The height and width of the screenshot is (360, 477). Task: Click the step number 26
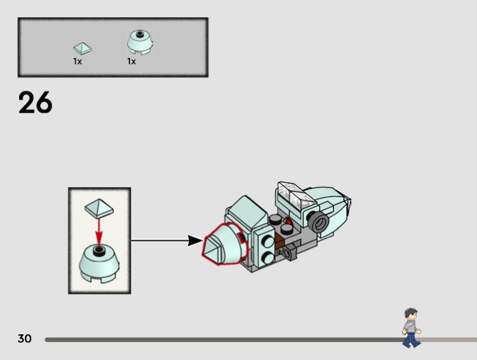pyautogui.click(x=35, y=103)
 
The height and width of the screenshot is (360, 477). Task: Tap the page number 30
pyautogui.click(x=24, y=339)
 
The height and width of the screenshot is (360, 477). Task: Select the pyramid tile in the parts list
pyautogui.click(x=82, y=47)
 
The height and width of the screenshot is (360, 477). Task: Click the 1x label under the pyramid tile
pyautogui.click(x=78, y=61)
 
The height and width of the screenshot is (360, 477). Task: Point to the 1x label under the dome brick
pyautogui.click(x=131, y=61)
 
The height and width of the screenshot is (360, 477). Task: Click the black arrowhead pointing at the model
pyautogui.click(x=194, y=241)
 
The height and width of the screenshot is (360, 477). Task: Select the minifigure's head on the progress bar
pyautogui.click(x=410, y=314)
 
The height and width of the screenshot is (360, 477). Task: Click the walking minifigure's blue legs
pyautogui.click(x=410, y=339)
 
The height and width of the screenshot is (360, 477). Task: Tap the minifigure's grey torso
pyautogui.click(x=410, y=327)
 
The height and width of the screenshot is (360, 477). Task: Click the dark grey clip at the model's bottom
pyautogui.click(x=291, y=255)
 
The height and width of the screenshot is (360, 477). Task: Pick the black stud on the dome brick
pyautogui.click(x=99, y=249)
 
